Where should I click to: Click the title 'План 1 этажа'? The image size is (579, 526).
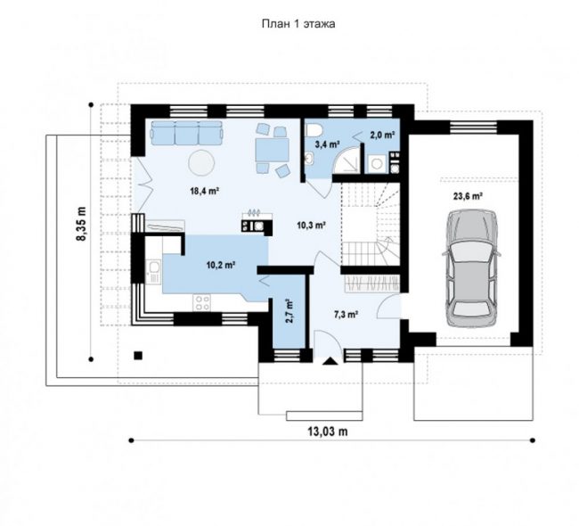298,24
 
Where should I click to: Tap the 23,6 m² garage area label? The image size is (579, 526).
468,196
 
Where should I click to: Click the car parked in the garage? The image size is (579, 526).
471,268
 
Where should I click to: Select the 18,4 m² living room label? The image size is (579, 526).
205,191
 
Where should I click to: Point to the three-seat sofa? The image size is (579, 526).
187,132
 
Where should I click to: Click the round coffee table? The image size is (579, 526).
201,162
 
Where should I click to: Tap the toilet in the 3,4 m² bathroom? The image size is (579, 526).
315,130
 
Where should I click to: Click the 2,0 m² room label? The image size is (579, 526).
382,136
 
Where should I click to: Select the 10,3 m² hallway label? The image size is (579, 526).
311,225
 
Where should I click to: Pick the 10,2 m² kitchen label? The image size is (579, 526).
221,265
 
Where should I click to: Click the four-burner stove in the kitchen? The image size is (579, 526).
202,302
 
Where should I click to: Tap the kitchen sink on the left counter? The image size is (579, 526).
153,272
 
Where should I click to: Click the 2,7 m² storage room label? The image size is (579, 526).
289,311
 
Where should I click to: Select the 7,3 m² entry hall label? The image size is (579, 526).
346,315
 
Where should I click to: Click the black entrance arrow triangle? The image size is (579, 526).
330,361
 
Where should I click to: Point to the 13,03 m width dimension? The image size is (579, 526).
328,431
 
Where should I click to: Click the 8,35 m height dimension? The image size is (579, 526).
81,223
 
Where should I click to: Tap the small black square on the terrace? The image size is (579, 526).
138,356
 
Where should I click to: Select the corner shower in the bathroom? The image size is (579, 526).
347,160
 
